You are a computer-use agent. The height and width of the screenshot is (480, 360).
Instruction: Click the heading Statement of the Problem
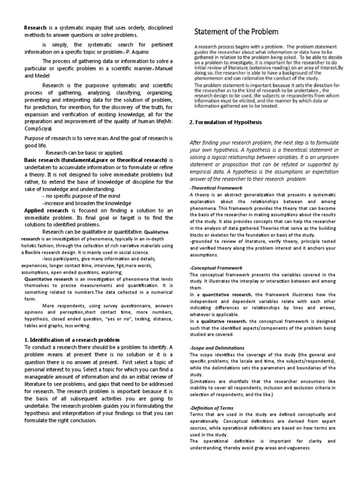[x=236, y=32]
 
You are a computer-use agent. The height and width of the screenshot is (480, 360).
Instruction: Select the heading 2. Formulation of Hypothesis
[x=225, y=122]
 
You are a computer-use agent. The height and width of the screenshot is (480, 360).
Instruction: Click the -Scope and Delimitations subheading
[x=217, y=348]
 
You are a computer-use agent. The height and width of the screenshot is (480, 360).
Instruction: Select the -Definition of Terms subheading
[x=212, y=408]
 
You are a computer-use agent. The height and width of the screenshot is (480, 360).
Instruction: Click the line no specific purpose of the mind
[x=79, y=196]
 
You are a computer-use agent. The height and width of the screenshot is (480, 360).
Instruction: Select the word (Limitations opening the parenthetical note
[x=204, y=382]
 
